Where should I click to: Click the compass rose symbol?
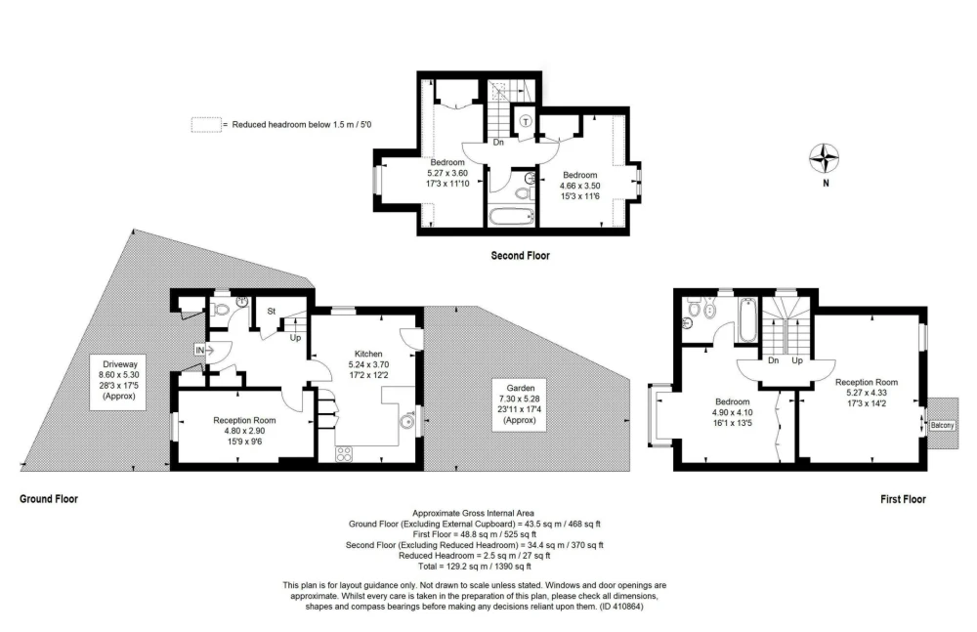click(x=824, y=157)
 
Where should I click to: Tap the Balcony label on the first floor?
click(x=942, y=425)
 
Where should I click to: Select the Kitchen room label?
click(x=368, y=354)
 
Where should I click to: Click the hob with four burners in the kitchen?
click(x=344, y=454)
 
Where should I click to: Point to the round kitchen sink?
click(x=406, y=422)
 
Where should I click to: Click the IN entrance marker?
click(x=199, y=351)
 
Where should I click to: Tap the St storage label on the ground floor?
click(x=272, y=311)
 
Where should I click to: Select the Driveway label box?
click(x=119, y=380)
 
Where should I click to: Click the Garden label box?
click(x=520, y=403)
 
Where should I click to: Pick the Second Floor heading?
click(x=521, y=256)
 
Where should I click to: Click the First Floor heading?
click(x=903, y=499)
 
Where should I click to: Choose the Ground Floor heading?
click(x=49, y=498)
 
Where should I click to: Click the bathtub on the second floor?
click(x=512, y=216)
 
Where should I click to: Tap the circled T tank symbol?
click(x=526, y=121)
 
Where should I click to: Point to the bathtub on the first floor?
click(x=747, y=320)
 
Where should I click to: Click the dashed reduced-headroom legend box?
click(x=206, y=125)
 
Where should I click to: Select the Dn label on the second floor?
click(x=498, y=142)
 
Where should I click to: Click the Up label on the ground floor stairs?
click(x=295, y=338)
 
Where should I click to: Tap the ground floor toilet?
click(x=220, y=309)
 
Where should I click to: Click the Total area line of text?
click(x=475, y=567)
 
